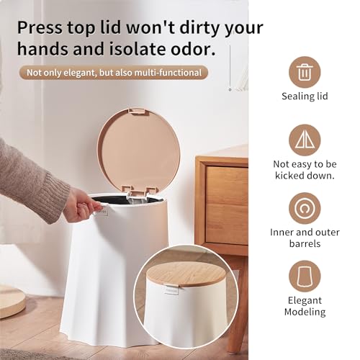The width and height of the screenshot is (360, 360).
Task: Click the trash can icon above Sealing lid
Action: pos(305,72)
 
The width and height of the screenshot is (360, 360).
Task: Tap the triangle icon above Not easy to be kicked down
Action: pos(305,140)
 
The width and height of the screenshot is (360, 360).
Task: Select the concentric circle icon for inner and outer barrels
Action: pos(305,208)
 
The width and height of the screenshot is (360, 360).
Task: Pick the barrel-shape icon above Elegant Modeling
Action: pos(305,276)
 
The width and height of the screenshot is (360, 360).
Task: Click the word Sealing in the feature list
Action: pos(296,96)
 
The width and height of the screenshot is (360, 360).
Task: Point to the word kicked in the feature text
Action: pos(289,176)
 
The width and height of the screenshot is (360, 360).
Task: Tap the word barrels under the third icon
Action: pos(305,243)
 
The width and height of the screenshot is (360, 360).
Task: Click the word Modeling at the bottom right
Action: pos(305,312)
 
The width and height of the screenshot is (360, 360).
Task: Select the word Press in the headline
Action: pos(40,27)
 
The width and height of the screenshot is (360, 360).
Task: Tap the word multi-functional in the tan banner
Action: pos(168,73)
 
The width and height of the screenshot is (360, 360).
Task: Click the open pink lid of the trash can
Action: pos(138,150)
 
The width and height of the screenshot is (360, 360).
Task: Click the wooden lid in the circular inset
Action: pos(186,274)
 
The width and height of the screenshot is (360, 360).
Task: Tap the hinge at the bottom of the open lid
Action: pos(139,192)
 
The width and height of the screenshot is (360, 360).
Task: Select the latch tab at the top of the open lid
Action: pos(137,111)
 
